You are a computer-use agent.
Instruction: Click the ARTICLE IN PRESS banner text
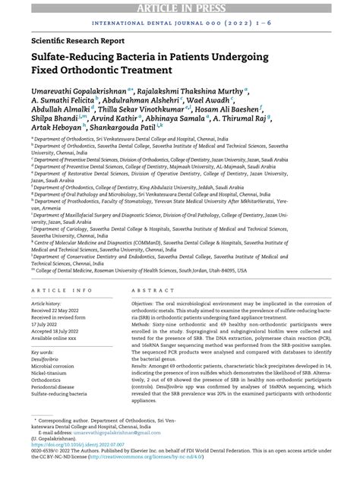[x=180, y=7]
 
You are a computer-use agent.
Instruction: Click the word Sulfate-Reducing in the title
[x=80, y=58]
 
